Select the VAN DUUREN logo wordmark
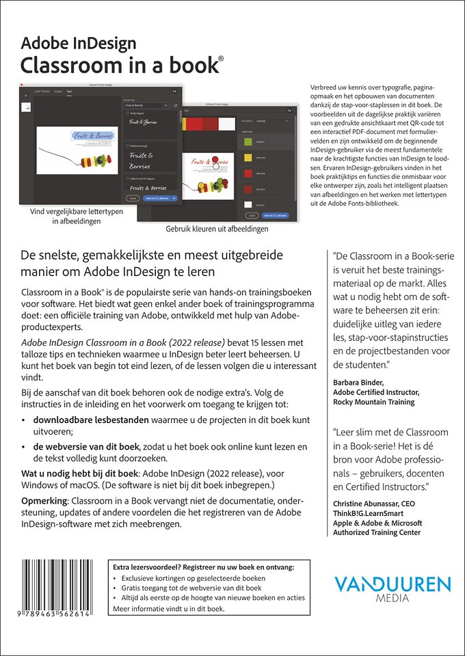coord(392,585)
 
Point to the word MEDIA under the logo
coord(393,599)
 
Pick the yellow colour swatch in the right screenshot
coord(247,158)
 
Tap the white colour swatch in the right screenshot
coord(247,204)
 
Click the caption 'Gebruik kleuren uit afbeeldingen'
coord(217,230)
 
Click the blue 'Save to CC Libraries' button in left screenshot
coord(160,198)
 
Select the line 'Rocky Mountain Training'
coord(373,402)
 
